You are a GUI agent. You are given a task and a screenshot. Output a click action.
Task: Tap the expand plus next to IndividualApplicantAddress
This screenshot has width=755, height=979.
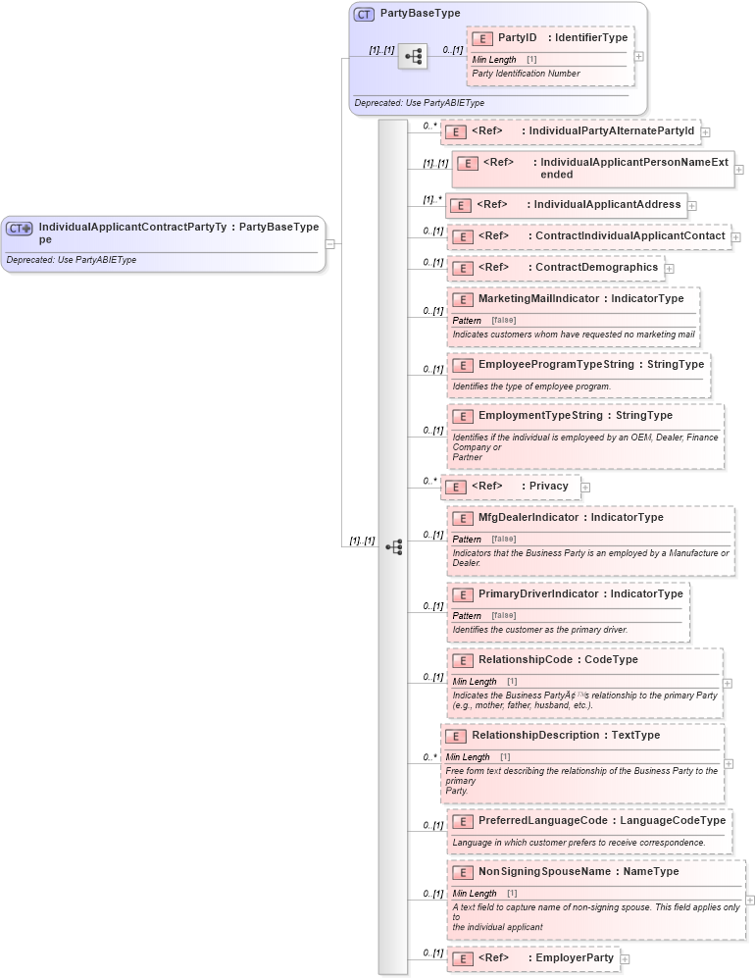692,206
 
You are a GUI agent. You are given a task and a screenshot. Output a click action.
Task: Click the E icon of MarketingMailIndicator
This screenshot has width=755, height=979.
463,298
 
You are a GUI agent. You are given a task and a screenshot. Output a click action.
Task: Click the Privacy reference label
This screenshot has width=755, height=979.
548,486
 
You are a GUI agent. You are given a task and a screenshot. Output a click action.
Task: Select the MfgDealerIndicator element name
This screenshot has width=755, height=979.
528,517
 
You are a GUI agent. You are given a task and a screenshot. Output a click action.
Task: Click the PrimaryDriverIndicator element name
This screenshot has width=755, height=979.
537,593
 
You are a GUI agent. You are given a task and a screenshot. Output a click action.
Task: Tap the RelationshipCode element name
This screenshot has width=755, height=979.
525,659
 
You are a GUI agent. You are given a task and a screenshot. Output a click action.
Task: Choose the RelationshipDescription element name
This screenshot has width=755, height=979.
534,735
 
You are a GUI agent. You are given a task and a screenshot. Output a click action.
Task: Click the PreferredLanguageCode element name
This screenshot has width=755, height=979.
542,820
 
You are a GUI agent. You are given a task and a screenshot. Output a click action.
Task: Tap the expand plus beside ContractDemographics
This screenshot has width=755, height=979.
669,268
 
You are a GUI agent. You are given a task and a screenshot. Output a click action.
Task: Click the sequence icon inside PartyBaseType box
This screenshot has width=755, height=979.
413,57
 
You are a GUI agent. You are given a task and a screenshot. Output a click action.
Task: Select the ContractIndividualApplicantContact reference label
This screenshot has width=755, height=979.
629,235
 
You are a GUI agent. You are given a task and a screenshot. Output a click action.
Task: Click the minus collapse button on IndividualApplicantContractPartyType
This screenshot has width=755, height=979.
330,244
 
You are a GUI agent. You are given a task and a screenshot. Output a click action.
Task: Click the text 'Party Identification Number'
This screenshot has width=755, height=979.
526,74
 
